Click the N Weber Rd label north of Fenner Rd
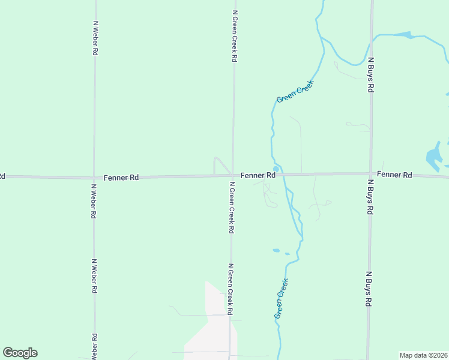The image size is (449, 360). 95,38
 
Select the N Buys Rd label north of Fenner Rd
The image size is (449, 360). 372,75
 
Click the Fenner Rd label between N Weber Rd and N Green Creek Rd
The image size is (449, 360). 121,178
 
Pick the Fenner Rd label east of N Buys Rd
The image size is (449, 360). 395,175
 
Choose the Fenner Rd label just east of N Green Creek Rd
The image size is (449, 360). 258,175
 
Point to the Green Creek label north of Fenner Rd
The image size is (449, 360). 295,90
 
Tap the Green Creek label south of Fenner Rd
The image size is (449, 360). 282,298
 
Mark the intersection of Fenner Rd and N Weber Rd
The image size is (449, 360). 94,178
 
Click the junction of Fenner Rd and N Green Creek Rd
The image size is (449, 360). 233,176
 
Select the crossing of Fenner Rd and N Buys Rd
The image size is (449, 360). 371,174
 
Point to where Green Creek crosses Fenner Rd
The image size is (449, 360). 279,174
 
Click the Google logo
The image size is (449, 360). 20,353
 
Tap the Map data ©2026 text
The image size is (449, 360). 423,355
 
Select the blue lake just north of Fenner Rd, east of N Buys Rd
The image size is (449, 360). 433,157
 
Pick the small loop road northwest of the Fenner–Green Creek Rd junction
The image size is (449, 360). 218,164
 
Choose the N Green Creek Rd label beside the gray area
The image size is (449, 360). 229,289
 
